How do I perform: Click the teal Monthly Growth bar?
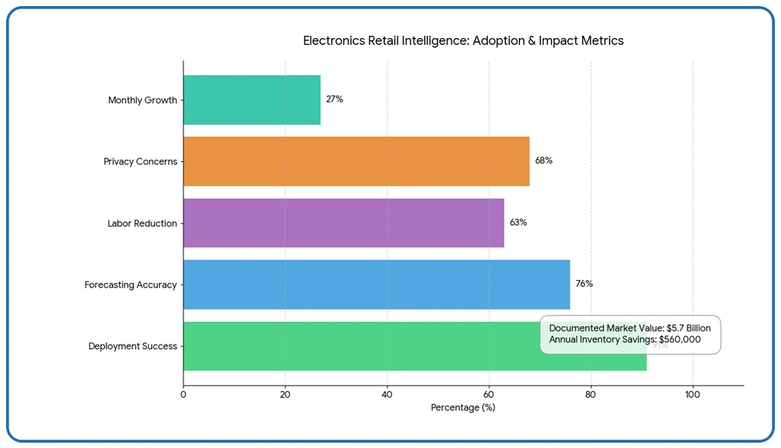251,100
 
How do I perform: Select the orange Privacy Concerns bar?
355,161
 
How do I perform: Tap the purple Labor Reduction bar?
343,223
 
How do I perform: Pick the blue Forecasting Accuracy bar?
376,284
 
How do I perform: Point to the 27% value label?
334,100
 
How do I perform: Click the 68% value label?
544,161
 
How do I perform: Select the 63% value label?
518,223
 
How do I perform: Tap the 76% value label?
584,284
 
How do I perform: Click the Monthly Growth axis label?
142,100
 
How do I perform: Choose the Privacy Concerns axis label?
140,162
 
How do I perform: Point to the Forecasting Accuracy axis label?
131,285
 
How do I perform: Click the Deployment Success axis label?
132,347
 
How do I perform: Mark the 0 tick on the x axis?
183,395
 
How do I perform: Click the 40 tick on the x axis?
387,395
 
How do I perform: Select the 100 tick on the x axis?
692,395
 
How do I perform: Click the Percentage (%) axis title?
463,408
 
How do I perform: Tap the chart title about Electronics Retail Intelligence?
463,41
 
